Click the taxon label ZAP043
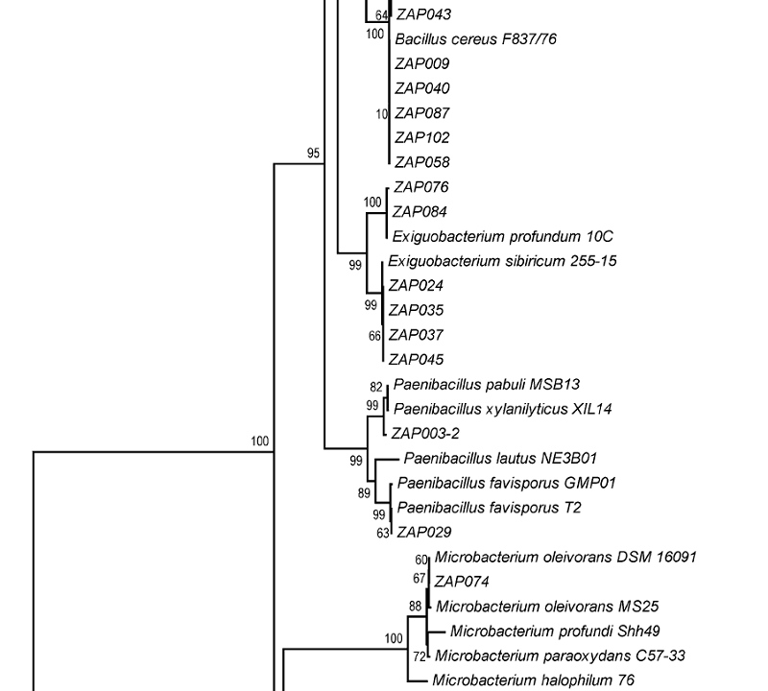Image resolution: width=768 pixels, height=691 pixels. pos(423,14)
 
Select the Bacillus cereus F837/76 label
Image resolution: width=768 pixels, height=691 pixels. pos(475,39)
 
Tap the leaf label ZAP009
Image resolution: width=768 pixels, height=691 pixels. pos(422,64)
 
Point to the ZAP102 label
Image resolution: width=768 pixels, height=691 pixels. pos(422,138)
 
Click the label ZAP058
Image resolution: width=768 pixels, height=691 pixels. pos(422,163)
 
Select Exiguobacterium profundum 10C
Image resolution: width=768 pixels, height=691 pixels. pos(502,236)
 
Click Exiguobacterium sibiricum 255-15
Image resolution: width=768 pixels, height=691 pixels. pos(502,261)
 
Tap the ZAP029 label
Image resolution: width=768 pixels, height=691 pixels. pos(424,533)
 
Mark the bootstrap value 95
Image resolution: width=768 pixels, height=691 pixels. pos(313,154)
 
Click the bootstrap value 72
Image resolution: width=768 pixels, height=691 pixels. pos(419,657)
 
